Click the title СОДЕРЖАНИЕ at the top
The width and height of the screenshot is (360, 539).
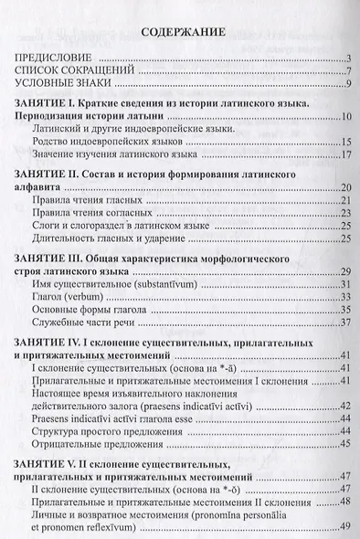pyautogui.click(x=179, y=34)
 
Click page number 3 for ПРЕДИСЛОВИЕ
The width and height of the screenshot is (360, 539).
pyautogui.click(x=348, y=61)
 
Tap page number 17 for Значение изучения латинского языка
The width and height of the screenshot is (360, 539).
pyautogui.click(x=346, y=155)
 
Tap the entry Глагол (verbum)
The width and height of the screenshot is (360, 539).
pyautogui.click(x=76, y=296)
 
